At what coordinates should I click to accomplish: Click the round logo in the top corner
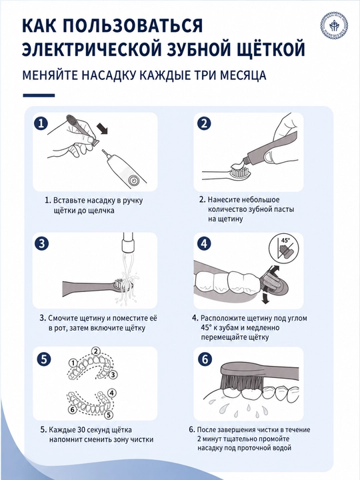point(334,26)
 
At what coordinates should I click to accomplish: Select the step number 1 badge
point(41,124)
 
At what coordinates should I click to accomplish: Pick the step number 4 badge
point(204,244)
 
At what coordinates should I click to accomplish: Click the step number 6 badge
point(205,359)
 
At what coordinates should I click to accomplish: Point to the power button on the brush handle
point(133,180)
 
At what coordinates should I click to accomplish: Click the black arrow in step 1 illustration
point(102,129)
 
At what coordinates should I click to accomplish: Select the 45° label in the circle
point(285,240)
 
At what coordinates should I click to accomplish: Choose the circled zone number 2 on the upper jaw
point(96,351)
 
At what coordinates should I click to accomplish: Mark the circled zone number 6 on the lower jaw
point(73,409)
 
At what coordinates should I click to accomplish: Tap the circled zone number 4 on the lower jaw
point(112,393)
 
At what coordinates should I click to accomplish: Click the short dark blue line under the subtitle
point(39,95)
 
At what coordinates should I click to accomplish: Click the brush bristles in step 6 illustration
point(244,382)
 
